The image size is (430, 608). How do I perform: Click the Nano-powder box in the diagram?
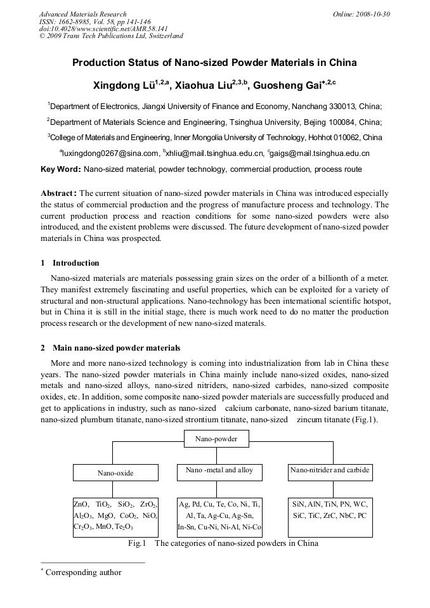pos(215,439)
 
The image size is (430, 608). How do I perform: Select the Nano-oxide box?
pos(115,473)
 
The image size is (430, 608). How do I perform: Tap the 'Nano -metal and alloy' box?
pos(219,470)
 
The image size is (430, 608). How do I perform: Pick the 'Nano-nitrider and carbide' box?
pos(329,470)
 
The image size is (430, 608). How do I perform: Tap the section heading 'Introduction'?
pos(75,263)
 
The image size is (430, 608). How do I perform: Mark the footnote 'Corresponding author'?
pos(83,572)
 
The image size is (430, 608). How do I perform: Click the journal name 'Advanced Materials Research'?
pos(82,14)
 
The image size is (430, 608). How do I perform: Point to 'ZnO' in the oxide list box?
pos(81,504)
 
